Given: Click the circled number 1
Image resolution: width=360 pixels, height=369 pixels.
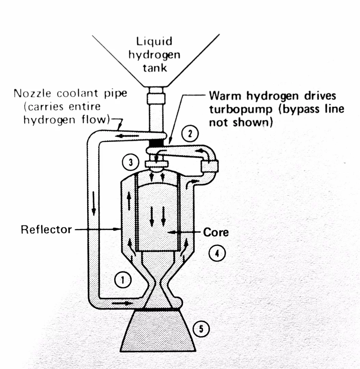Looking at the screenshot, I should coord(120,280).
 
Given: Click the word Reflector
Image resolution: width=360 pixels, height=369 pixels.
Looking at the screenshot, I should coord(46,229).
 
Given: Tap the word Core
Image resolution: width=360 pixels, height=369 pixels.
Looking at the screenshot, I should coord(216,232).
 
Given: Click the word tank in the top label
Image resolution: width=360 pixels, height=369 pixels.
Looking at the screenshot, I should coord(155,68).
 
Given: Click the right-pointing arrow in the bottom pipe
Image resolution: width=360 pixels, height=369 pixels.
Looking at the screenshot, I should coord(121,303).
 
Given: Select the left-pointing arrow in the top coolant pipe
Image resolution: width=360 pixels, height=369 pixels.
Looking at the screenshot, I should coord(129,136).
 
